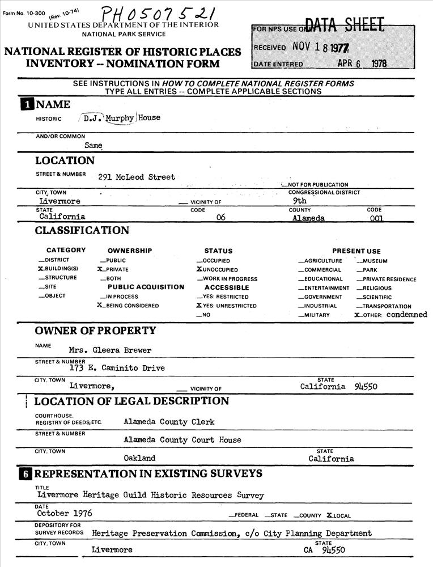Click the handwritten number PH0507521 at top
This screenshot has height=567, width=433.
(x=155, y=12)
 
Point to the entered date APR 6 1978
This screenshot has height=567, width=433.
(x=362, y=64)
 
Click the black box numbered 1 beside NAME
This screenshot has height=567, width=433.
(x=27, y=104)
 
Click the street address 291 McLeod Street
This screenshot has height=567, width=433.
(x=137, y=177)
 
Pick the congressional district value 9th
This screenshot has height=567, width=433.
(x=299, y=201)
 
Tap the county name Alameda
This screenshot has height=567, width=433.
(x=308, y=217)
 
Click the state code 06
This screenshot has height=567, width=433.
(x=221, y=217)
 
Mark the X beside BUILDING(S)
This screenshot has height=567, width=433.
(x=40, y=269)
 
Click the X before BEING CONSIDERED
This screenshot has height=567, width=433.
(x=100, y=306)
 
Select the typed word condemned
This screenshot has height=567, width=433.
(x=407, y=315)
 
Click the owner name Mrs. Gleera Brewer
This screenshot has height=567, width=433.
(x=110, y=350)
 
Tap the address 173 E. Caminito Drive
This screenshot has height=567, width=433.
(x=117, y=368)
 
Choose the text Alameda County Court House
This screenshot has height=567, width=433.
(x=182, y=440)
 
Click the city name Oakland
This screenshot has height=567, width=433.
(x=139, y=458)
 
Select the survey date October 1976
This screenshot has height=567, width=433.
(x=65, y=514)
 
